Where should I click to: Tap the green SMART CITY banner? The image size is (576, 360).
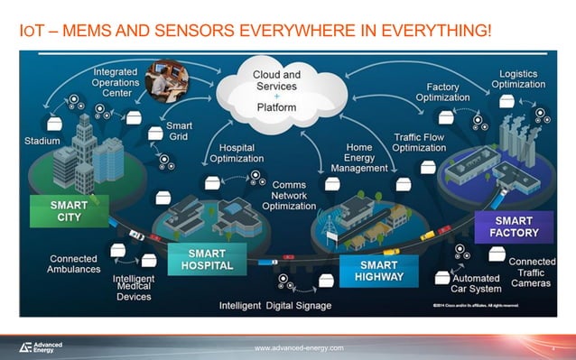69,211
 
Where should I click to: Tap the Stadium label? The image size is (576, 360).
42,141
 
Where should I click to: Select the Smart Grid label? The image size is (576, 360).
179,131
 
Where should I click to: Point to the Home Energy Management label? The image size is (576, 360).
359,157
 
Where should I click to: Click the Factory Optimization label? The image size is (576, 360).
443,93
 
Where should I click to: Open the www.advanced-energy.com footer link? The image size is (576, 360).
299,347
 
